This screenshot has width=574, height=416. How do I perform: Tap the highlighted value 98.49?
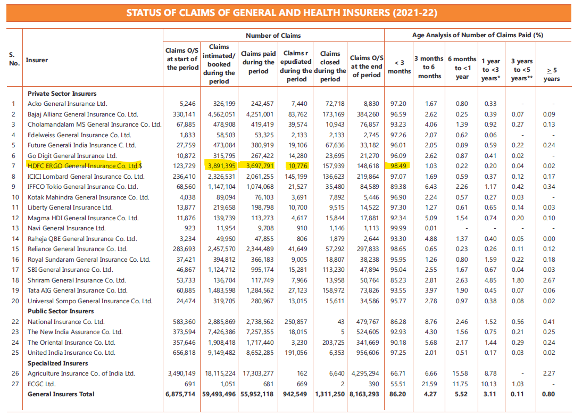[399, 166]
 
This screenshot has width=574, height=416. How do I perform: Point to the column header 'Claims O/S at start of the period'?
[182, 59]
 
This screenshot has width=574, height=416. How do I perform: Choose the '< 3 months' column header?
[399, 66]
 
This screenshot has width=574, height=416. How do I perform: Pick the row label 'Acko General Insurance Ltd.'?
[67, 104]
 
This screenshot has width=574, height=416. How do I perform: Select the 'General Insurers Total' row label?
[61, 394]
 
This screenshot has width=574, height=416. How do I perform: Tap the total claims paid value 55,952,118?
[257, 394]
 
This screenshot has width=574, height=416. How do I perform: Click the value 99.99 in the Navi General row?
[399, 228]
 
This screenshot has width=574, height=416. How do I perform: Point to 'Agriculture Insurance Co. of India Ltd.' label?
[81, 373]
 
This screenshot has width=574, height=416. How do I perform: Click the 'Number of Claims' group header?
[273, 36]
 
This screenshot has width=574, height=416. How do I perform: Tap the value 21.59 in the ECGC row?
[429, 384]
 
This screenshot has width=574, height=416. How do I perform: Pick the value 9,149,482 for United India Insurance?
[220, 353]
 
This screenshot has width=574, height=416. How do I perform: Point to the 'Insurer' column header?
[37, 60]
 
